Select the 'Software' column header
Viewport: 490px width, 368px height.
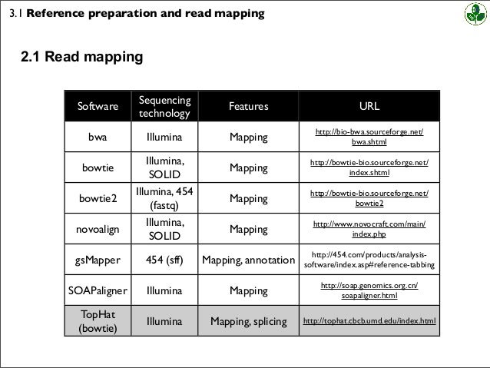click(x=97, y=107)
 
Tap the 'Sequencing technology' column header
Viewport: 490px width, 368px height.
click(x=164, y=107)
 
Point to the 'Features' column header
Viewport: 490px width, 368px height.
click(x=248, y=107)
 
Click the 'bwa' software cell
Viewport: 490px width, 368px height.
click(x=97, y=138)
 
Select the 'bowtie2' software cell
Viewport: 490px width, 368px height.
click(x=97, y=199)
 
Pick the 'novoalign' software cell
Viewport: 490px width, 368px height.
click(x=97, y=229)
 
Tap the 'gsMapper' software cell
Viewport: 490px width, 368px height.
click(x=97, y=260)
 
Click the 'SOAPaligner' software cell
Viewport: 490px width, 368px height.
click(x=97, y=290)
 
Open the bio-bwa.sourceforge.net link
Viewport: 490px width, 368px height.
click(x=369, y=138)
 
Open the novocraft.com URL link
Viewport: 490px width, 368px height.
click(x=369, y=229)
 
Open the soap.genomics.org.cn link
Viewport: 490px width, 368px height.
click(x=369, y=290)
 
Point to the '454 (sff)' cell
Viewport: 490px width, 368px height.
click(x=164, y=260)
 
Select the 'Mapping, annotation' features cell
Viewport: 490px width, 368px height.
click(x=248, y=260)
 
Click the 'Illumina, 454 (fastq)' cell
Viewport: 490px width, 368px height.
click(x=164, y=199)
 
